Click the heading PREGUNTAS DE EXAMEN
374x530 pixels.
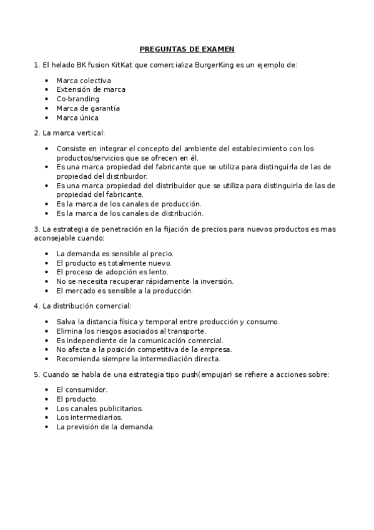coord(187,49)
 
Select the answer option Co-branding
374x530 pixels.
coord(77,99)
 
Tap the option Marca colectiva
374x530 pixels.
coord(84,81)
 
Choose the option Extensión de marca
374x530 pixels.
coord(91,89)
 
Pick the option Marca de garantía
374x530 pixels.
coord(88,108)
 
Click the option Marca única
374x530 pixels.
coord(77,117)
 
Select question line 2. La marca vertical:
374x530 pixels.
coord(69,133)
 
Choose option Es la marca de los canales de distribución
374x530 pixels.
coord(131,213)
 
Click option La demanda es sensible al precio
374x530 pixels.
coord(115,253)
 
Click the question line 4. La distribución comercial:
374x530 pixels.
coord(82,306)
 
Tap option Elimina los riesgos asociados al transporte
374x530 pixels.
coord(131,331)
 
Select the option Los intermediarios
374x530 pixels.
coord(89,417)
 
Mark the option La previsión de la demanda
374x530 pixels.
coord(105,426)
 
